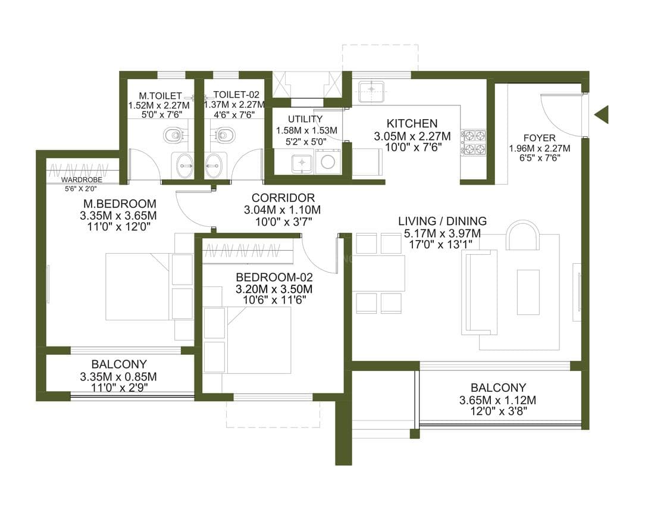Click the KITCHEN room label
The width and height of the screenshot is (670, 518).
pos(412,123)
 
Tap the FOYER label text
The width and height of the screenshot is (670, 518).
pos(539,138)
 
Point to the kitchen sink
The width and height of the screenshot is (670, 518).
pos(371,91)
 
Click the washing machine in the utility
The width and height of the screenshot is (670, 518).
pos(328,162)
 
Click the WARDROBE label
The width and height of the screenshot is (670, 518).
pos(81,180)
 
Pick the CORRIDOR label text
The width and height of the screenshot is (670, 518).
pos(283,198)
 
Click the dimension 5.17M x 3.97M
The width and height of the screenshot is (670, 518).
pos(442,233)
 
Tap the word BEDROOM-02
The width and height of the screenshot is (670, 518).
pos(274,277)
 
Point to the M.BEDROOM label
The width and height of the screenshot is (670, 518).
pos(120,204)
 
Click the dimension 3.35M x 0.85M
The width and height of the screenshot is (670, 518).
pos(118,376)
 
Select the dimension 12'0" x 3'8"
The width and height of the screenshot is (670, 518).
pos(498,411)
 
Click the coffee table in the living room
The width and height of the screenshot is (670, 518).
pos(528,292)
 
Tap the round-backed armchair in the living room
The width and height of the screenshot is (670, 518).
pos(522,236)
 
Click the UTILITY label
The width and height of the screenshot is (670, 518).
pos(305,119)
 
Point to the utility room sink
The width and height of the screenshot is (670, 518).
pos(302,163)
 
